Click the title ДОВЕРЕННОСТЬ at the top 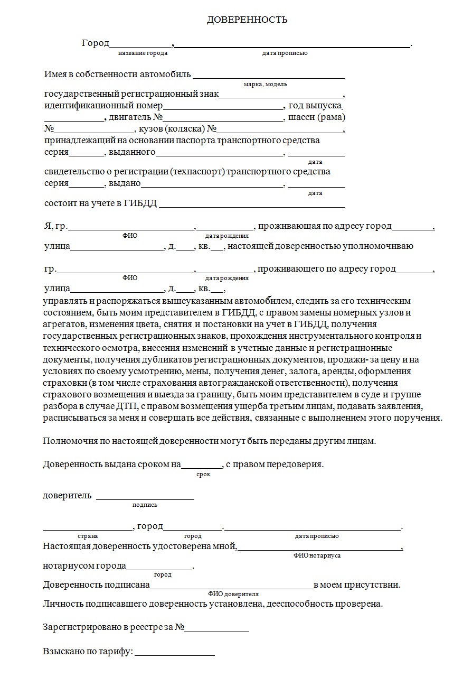(x=247, y=20)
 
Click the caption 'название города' (x=143, y=53)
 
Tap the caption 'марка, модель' (x=266, y=85)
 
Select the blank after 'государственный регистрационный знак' (x=281, y=96)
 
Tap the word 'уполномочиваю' (x=378, y=246)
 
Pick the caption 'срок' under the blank (x=203, y=475)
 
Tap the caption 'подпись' (x=145, y=505)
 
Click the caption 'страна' (x=88, y=536)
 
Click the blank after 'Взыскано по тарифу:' (x=175, y=652)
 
